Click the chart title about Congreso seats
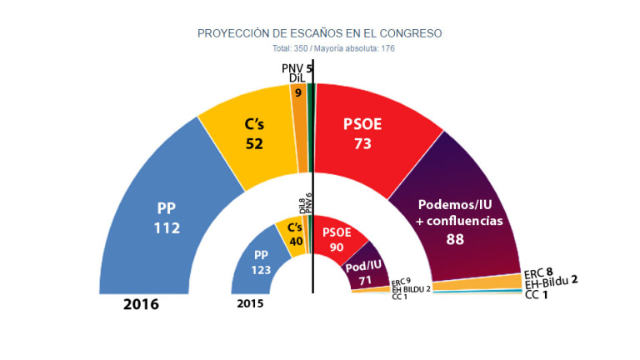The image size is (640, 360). point(319,33)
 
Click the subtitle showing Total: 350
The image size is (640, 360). point(319,48)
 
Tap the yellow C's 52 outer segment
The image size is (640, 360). point(254,133)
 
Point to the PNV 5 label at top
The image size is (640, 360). point(297,67)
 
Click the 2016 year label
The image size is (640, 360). point(141,305)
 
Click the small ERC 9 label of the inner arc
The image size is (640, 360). point(402,281)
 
